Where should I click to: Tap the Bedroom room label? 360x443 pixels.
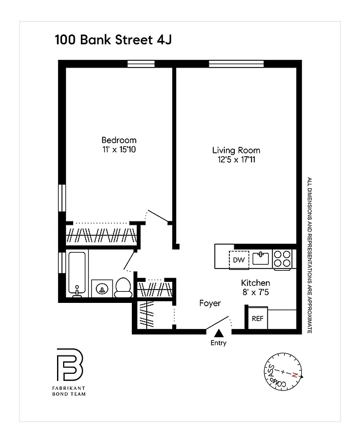[119, 140]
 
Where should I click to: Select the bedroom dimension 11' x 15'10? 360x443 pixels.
[119, 150]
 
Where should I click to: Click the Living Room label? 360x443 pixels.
[236, 150]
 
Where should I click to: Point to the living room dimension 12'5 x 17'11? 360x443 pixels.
[236, 159]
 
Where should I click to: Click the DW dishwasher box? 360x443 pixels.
[239, 260]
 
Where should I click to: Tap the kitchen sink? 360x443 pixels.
[260, 258]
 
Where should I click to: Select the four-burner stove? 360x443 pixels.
[282, 259]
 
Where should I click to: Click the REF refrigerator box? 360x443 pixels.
[258, 318]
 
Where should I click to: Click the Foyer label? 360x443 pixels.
[210, 303]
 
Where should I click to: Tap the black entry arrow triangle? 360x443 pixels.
[219, 333]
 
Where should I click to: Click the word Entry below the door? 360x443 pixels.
[218, 343]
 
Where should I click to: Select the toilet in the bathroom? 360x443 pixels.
[123, 287]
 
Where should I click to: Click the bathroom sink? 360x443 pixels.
[101, 288]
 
